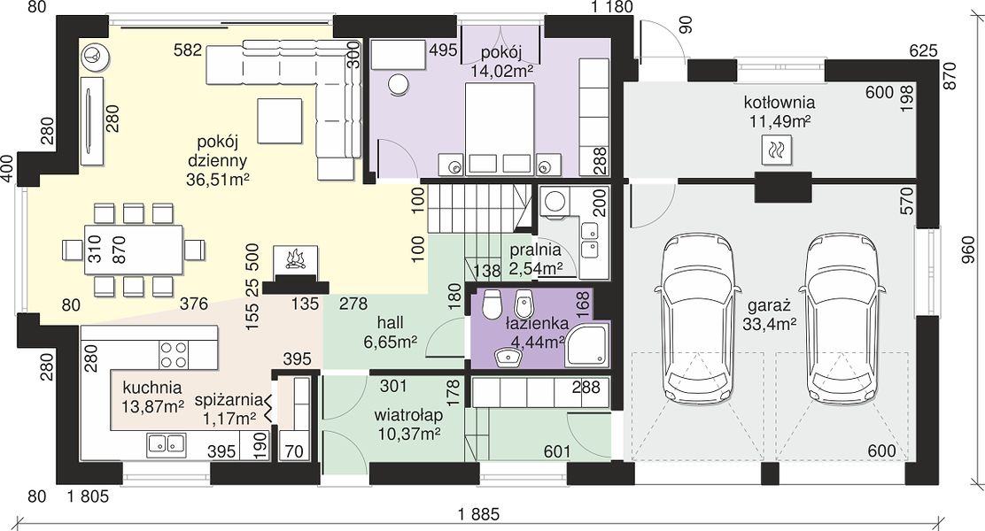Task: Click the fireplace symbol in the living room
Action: tap(295, 258)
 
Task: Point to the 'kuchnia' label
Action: tap(152, 388)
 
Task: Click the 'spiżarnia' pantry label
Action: tap(229, 400)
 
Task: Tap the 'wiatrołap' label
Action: tap(408, 415)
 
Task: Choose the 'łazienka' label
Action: tap(537, 324)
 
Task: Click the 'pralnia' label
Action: tap(535, 250)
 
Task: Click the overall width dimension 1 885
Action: tap(478, 515)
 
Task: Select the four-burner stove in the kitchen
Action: tap(173, 354)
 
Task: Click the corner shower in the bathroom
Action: tap(586, 344)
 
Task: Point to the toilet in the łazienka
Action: tap(491, 304)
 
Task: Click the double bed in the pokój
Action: tap(500, 128)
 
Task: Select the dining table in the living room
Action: tap(135, 250)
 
